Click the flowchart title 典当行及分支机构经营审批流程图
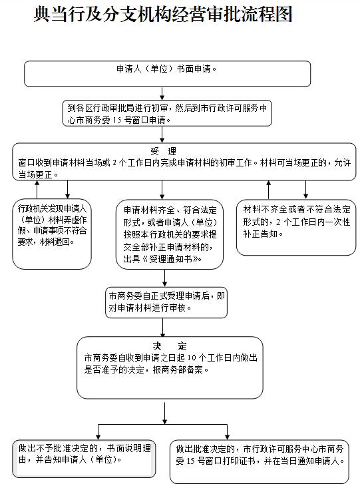pos(163,14)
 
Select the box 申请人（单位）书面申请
pos(167,73)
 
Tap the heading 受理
pos(163,151)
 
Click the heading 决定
pos(170,346)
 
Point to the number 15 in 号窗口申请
pos(116,120)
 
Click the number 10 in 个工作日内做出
pos(192,358)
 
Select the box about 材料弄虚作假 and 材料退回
pos(52,234)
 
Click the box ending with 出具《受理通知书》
pos(170,234)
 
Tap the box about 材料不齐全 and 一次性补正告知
pos(296,228)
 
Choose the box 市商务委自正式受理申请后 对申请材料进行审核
pos(166,302)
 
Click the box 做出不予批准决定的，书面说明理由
pos(84,459)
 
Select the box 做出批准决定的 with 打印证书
pos(260,461)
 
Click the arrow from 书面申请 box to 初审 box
pos(162,93)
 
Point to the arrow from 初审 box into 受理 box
pos(162,134)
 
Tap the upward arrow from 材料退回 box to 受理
pos(37,189)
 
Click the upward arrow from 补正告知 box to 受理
pos(269,190)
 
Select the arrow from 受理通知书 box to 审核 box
pos(165,278)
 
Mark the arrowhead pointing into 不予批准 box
pos(98,437)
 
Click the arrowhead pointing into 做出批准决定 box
pos(228,437)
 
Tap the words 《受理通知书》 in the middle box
pos(171,259)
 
